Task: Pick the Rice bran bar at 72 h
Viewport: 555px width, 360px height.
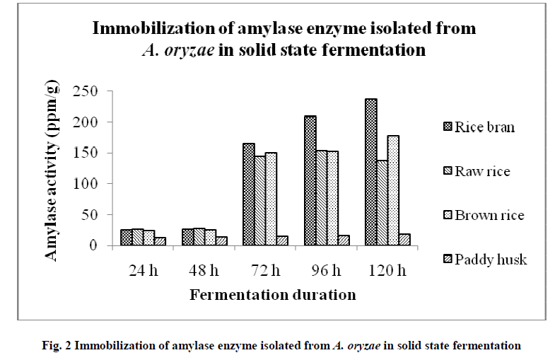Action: point(249,194)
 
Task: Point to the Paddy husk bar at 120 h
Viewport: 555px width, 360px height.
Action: point(404,240)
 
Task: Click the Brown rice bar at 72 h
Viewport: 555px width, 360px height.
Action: point(271,199)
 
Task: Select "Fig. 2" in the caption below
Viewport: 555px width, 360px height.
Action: point(60,346)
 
